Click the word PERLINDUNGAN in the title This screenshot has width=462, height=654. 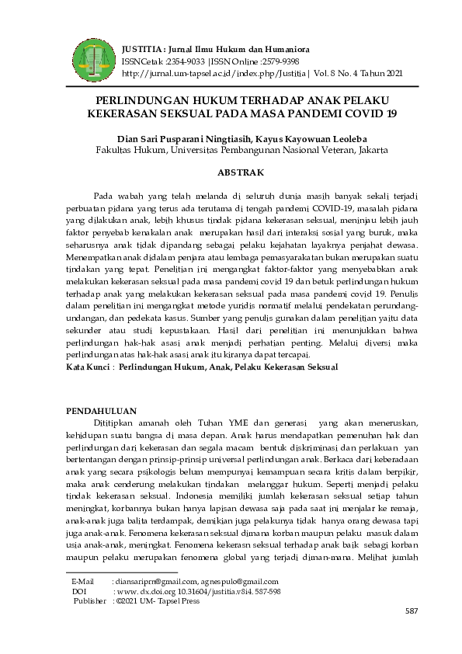click(x=138, y=101)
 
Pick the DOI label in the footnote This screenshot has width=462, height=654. click(x=79, y=591)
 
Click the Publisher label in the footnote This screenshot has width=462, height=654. click(x=89, y=600)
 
